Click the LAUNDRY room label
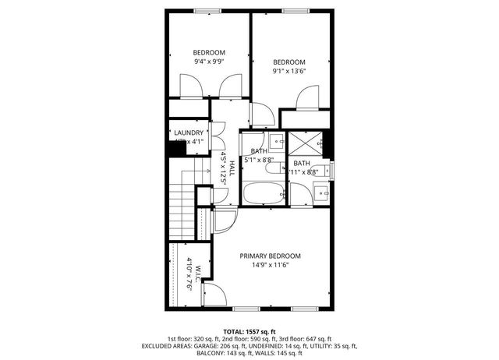tap(189, 133)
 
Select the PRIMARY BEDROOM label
tap(270, 256)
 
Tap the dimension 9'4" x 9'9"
tap(209, 61)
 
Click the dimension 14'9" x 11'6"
tap(270, 265)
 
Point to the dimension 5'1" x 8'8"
tap(258, 160)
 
